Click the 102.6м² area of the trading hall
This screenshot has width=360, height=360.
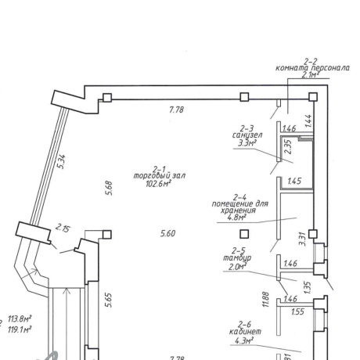(158, 184)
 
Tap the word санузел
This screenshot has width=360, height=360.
(247, 135)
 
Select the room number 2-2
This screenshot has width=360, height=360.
(311, 62)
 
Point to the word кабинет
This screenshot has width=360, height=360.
(245, 332)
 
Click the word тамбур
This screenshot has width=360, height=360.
(237, 258)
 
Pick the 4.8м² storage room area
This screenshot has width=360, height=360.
(237, 217)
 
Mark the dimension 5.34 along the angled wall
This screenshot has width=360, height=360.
(62, 162)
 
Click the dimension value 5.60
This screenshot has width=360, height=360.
(167, 233)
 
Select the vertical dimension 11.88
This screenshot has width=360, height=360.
(266, 299)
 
